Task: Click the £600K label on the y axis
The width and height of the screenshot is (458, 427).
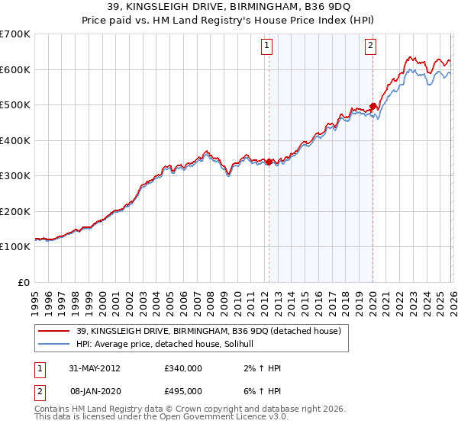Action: click(x=15, y=69)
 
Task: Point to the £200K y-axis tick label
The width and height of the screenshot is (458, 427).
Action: click(x=15, y=211)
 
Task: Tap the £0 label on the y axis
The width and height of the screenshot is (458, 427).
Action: click(x=24, y=282)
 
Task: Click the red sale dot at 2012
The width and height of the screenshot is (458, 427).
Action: click(x=269, y=162)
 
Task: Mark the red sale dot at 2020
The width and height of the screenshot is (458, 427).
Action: click(x=373, y=107)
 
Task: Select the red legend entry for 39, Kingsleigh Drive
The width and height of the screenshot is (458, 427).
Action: click(x=208, y=330)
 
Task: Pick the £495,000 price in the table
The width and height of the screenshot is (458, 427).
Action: click(x=183, y=390)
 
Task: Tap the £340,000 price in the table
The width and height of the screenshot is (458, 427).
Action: click(x=183, y=368)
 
